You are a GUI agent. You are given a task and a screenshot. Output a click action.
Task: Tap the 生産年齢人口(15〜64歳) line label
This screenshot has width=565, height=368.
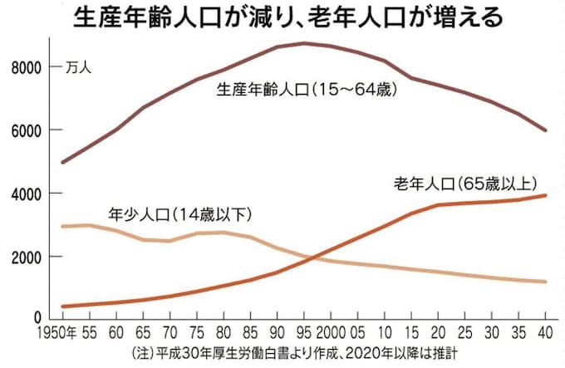click(308, 89)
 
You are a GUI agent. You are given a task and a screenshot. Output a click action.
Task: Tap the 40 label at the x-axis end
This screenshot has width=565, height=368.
click(547, 334)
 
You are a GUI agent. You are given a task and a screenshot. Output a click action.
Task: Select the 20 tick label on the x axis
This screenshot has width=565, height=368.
click(439, 334)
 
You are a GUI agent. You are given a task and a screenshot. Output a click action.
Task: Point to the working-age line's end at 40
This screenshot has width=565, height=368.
click(547, 130)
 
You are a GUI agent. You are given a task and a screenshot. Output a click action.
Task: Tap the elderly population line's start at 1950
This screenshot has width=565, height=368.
click(62, 307)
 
